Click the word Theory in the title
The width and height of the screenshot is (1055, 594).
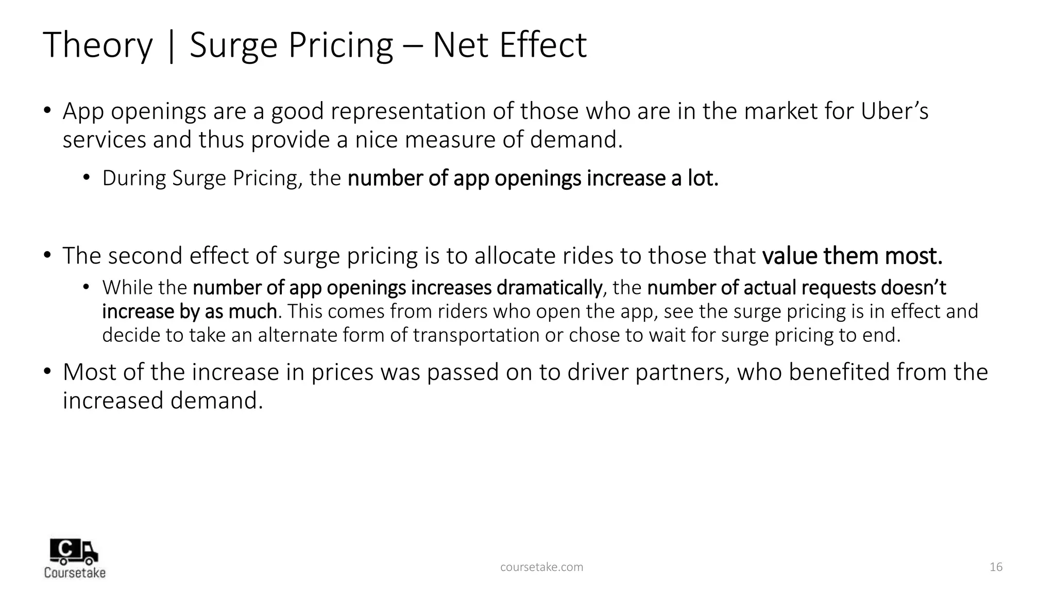tap(98, 45)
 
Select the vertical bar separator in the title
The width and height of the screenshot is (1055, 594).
tap(171, 45)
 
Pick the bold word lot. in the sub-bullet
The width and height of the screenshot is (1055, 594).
tap(703, 178)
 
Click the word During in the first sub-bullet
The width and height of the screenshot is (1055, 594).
tap(134, 178)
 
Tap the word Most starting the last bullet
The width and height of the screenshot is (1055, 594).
tap(89, 372)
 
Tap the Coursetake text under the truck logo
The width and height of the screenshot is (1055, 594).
tap(75, 572)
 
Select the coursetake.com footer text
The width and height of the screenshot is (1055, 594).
tap(541, 567)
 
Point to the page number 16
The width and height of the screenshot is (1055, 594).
tap(996, 567)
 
